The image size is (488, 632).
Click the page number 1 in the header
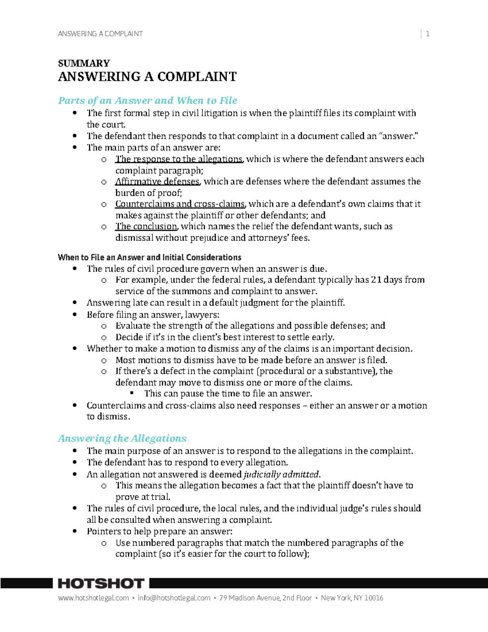click(427, 34)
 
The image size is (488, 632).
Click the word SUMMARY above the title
click(84, 63)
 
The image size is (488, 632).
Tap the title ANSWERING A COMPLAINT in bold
click(147, 77)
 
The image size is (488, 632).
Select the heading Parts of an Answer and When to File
click(148, 101)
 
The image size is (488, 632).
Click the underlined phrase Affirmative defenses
click(157, 182)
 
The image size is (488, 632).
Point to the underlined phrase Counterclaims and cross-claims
click(180, 204)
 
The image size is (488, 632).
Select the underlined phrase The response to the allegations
click(179, 159)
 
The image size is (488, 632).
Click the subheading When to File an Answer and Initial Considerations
click(149, 257)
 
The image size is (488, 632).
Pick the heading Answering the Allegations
click(122, 438)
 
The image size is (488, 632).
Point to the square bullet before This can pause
click(132, 393)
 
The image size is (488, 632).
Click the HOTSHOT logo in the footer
click(101, 584)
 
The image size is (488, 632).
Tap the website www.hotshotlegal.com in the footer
click(93, 598)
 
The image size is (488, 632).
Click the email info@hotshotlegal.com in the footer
click(174, 598)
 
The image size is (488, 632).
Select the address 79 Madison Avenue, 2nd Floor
click(265, 598)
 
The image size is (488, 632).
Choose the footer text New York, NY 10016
click(352, 598)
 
